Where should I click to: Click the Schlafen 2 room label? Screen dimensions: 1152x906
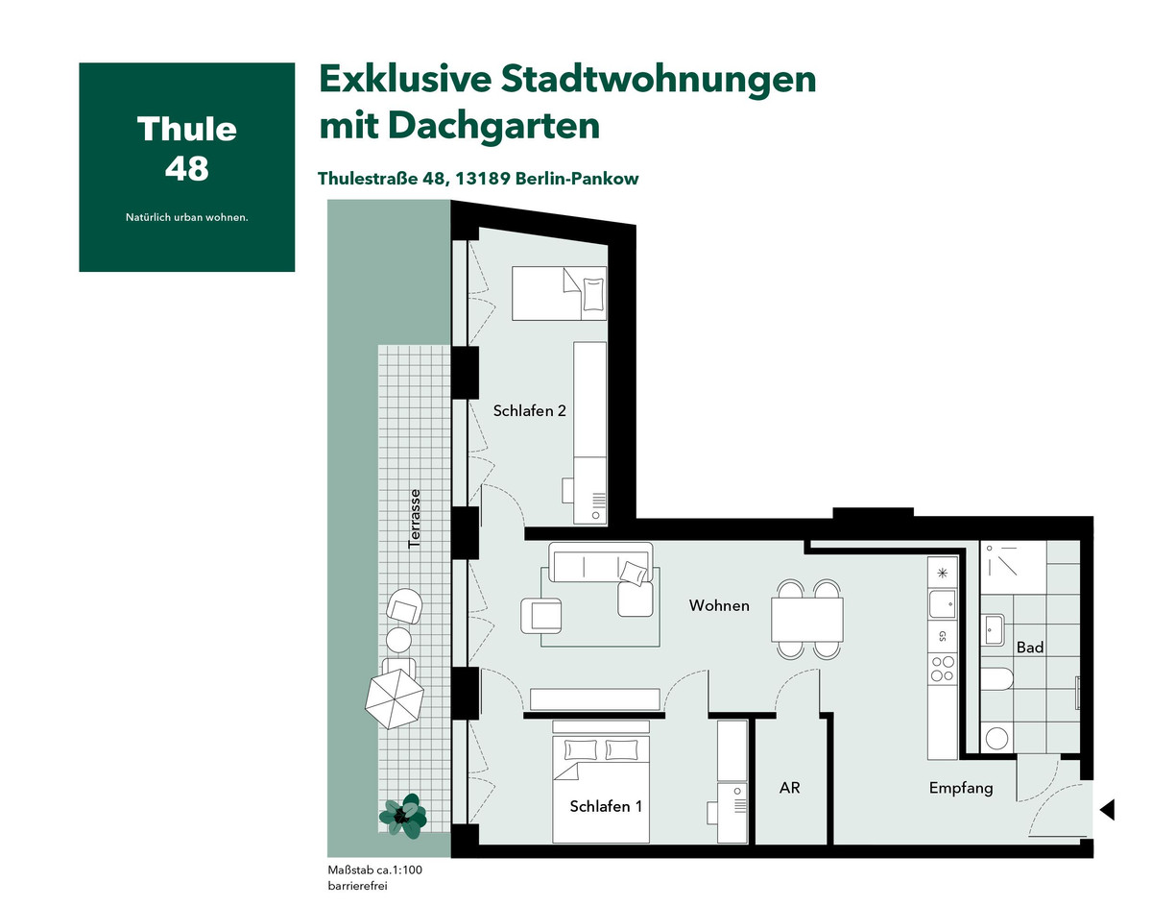pos(529,410)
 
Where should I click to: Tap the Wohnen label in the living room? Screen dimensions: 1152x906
pos(719,605)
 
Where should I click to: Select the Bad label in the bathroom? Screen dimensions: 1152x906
pos(1029,648)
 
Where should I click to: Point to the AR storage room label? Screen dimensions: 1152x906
pos(789,788)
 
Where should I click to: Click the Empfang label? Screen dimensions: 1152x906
pos(961,788)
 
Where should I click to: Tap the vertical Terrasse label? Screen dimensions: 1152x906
pos(415,518)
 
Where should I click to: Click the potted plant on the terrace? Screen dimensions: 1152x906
pos(403,816)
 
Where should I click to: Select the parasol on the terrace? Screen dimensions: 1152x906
pos(394,698)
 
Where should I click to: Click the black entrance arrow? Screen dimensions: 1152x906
pos(1107,810)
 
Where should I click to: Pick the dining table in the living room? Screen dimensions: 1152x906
pos(806,619)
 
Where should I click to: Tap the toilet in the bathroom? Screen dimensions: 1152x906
pos(996,679)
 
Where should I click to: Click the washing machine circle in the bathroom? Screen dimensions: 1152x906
pos(996,738)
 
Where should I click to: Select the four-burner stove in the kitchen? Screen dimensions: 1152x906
pos(943,669)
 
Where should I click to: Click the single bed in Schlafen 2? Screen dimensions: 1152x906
pos(559,293)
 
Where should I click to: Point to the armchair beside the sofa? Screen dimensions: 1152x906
pos(540,616)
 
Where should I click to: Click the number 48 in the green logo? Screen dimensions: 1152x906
pos(186,169)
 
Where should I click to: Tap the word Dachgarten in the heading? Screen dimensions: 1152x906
pos(493,126)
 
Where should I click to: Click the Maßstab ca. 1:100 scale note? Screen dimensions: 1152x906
pos(374,869)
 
